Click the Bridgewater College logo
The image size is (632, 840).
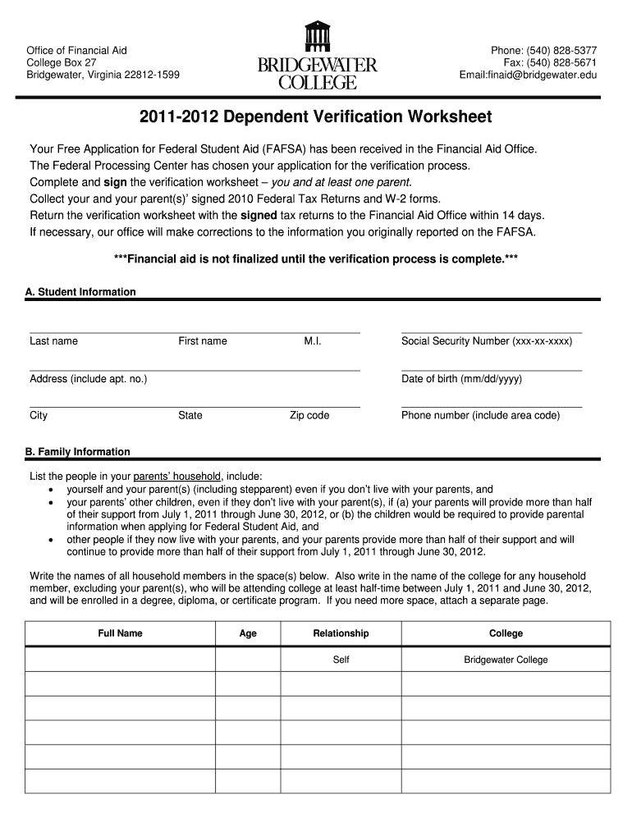[x=317, y=56]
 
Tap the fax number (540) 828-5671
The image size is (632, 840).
[x=558, y=63]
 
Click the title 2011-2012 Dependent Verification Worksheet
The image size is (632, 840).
[x=316, y=117]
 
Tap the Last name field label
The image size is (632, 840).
[x=53, y=341]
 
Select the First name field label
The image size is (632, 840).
[x=203, y=341]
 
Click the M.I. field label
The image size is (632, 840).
[x=312, y=341]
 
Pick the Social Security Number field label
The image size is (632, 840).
[x=487, y=341]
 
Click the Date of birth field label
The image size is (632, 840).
[x=461, y=379]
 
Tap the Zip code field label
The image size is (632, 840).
[x=309, y=415]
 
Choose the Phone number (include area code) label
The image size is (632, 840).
[x=480, y=415]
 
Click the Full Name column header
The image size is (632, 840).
[x=120, y=633]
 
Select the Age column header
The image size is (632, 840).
[x=248, y=633]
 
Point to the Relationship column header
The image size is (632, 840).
[x=341, y=633]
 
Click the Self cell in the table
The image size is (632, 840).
[x=341, y=660]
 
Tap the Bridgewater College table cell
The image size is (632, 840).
[x=506, y=660]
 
